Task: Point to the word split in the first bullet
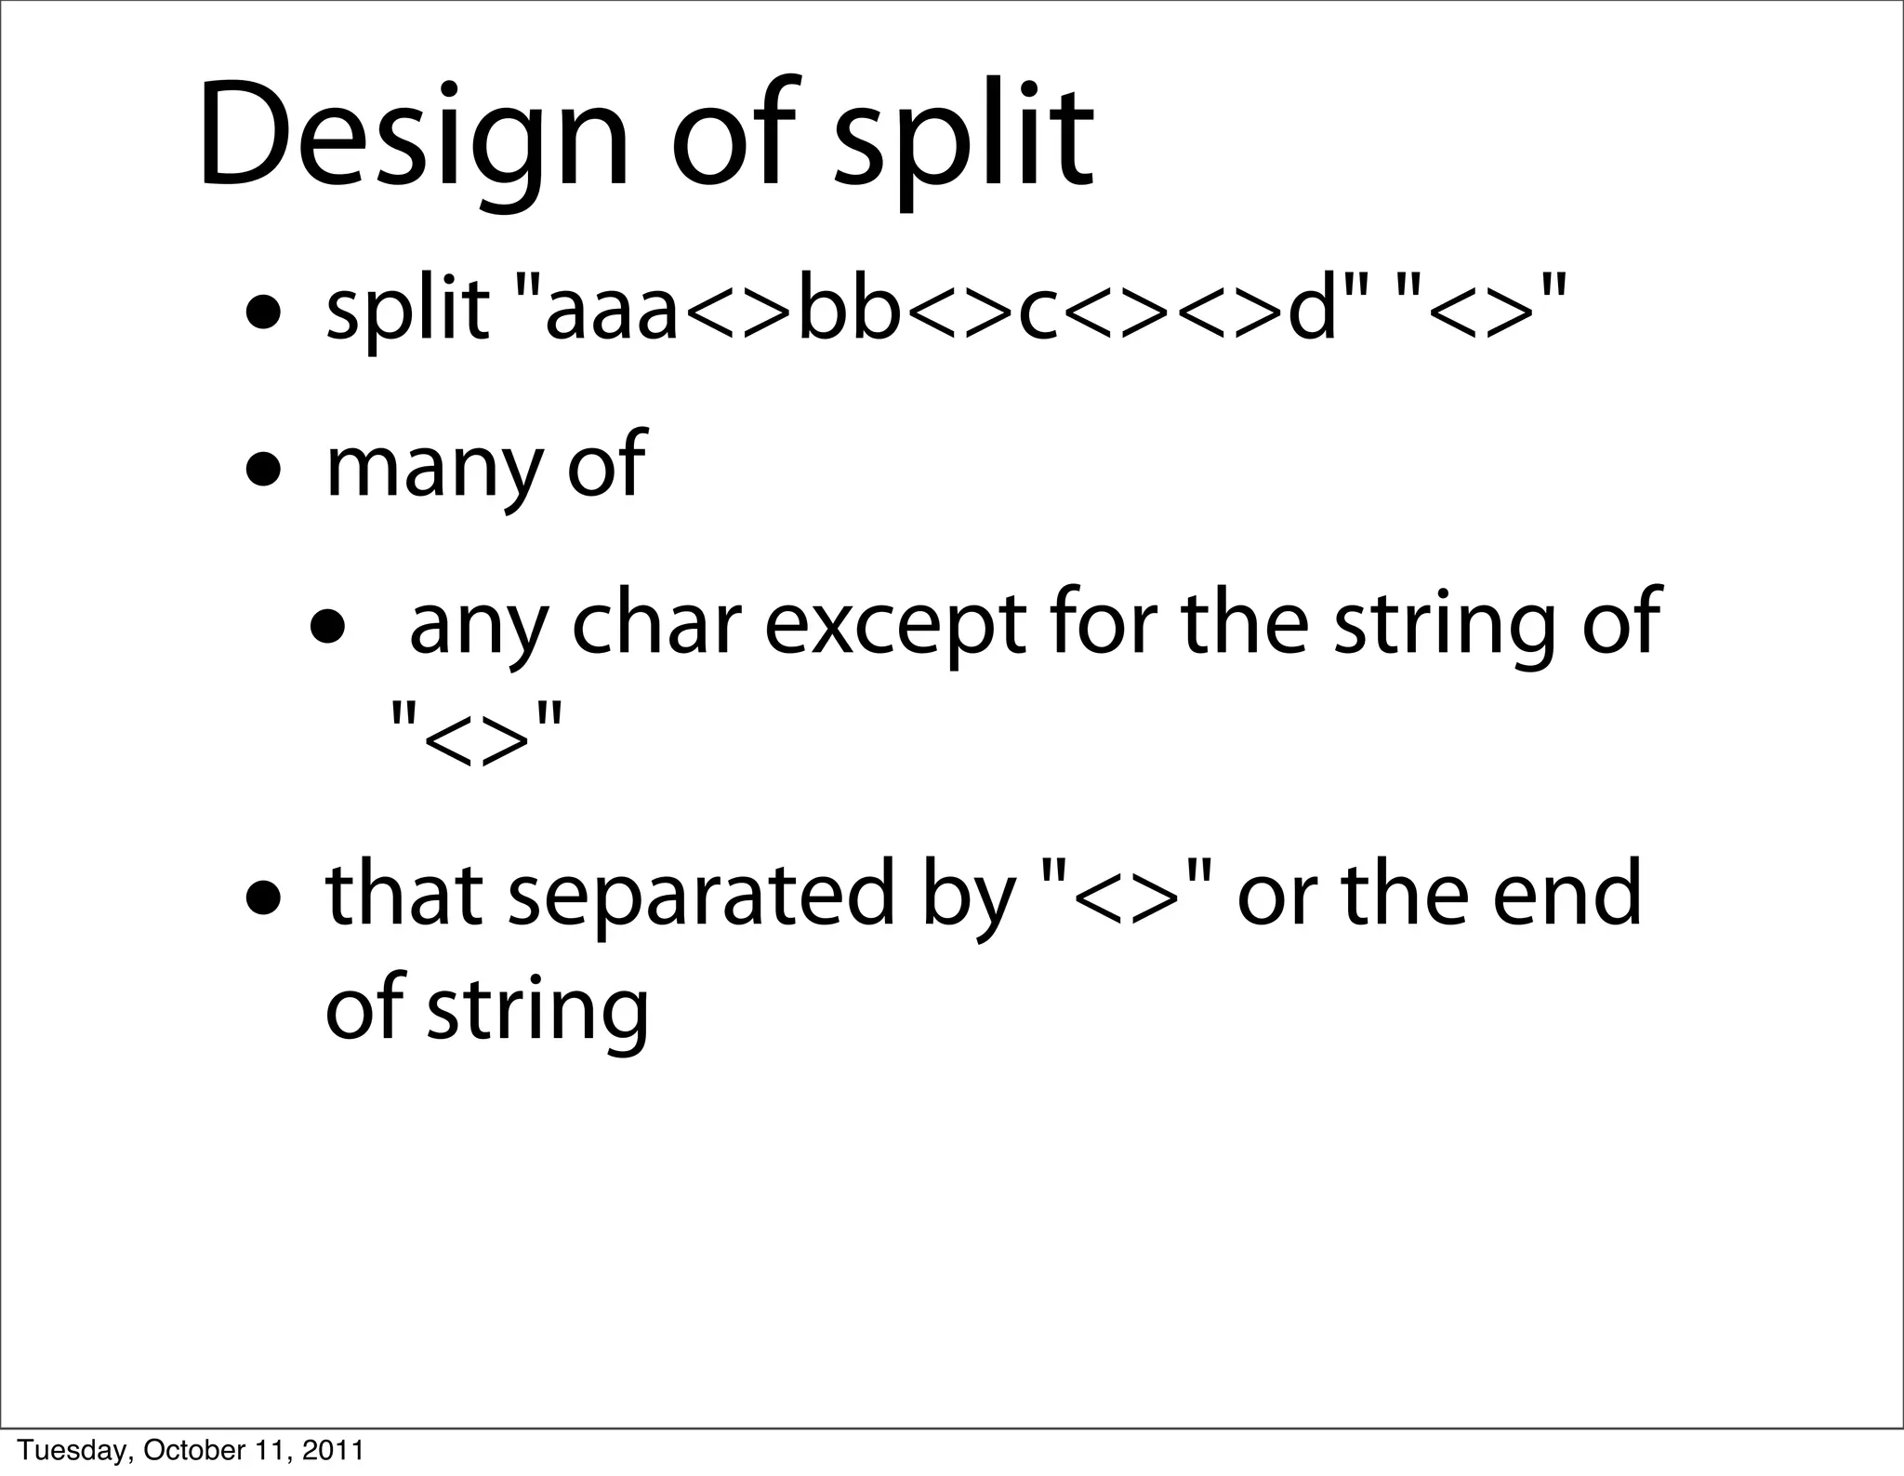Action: [x=406, y=312]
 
